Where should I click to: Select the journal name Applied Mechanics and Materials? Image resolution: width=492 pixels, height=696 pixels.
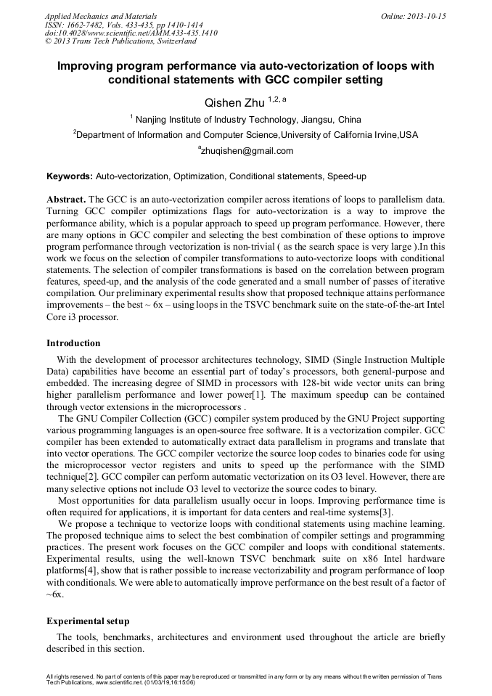coord(101,15)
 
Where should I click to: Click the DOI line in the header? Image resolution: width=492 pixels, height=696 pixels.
coord(131,33)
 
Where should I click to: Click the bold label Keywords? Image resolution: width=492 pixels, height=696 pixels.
coord(70,176)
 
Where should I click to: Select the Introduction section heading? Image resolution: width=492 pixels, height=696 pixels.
coord(73,343)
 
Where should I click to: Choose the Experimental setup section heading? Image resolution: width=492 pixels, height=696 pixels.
coord(88,621)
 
